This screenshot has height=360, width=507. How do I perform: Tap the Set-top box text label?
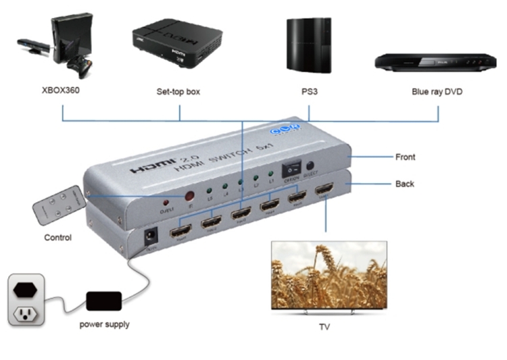tap(178, 91)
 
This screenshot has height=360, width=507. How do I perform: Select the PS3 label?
tap(309, 91)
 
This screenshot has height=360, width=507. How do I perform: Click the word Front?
tap(405, 157)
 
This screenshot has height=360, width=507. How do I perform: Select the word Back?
tap(404, 184)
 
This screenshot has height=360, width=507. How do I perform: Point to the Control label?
tap(58, 238)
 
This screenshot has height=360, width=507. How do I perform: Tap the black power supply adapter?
tap(103, 300)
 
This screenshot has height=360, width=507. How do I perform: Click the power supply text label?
tap(104, 324)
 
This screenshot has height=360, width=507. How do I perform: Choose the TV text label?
tap(324, 328)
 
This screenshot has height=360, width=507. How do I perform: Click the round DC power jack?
tap(149, 236)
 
